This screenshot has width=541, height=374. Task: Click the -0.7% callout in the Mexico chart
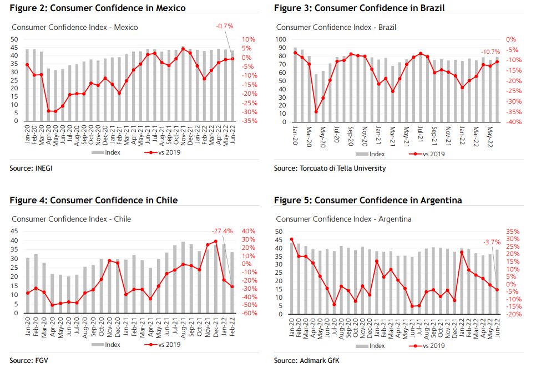[225, 26]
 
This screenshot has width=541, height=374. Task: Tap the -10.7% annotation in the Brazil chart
[491, 52]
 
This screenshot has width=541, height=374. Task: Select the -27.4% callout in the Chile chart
[222, 230]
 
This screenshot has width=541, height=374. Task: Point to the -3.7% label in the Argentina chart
[492, 242]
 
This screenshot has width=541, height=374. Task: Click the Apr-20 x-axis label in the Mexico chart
[49, 135]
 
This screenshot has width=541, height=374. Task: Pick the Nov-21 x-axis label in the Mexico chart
[183, 135]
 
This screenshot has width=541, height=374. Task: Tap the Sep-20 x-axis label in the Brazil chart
[351, 136]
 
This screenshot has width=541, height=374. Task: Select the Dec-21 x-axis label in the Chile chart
[216, 327]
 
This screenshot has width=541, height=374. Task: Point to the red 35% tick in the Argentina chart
[513, 232]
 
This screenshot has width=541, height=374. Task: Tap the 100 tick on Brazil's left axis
[281, 39]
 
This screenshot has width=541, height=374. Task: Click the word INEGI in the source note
[44, 168]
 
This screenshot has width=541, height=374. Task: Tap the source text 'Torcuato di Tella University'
[342, 168]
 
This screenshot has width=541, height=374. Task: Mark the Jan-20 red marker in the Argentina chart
[292, 239]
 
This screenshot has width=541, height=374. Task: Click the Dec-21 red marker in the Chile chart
[216, 242]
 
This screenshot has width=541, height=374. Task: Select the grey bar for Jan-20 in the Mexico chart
[27, 85]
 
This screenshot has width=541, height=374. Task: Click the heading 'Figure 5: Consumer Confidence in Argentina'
[368, 200]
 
